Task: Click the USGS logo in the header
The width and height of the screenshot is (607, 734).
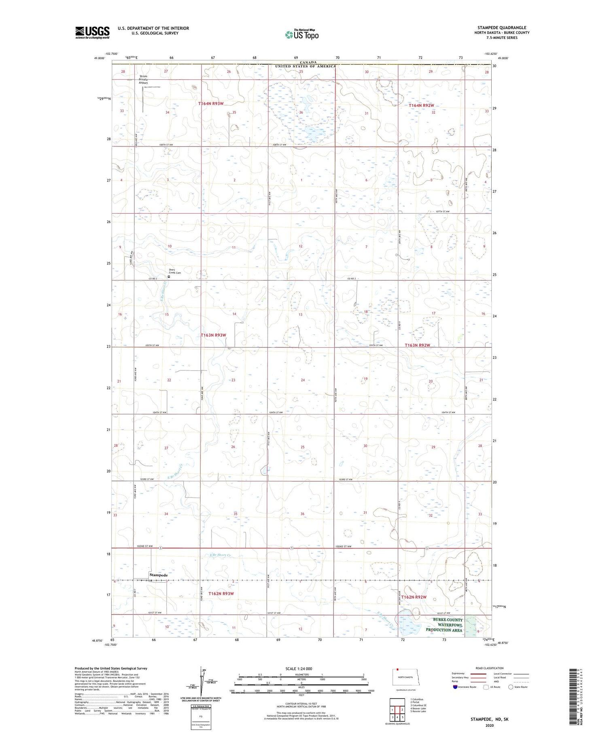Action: click(92, 32)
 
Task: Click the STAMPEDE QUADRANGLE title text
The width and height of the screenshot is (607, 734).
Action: click(502, 28)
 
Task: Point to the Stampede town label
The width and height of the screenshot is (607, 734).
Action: click(158, 575)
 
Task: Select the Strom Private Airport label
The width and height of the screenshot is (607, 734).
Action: click(143, 79)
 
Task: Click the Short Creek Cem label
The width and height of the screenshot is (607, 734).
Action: click(175, 271)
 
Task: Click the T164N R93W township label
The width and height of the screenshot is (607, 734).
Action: click(211, 104)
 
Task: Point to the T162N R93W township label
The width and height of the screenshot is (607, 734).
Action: click(221, 594)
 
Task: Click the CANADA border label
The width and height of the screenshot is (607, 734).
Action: click(308, 62)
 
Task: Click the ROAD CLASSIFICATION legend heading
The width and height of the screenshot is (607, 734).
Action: click(490, 668)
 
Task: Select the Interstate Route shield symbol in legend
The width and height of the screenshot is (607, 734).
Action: click(456, 687)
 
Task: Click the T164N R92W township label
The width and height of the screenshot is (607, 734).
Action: click(421, 106)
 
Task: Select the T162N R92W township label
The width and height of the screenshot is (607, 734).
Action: click(414, 597)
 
